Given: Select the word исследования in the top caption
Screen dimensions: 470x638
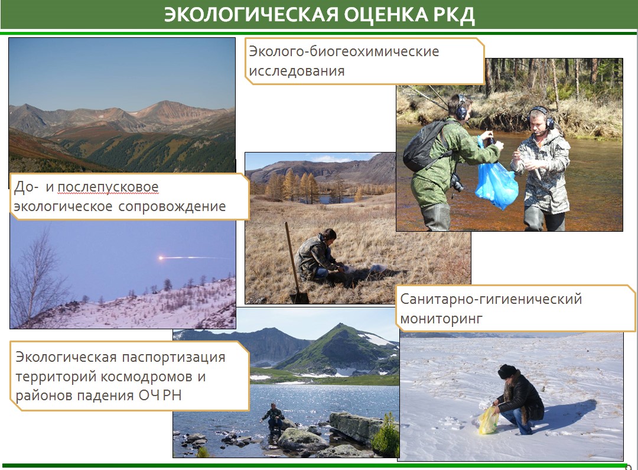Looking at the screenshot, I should [x=297, y=72].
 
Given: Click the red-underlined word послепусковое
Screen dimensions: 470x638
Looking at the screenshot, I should [x=108, y=188].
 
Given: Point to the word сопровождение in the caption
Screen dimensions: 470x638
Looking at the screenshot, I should [x=172, y=206].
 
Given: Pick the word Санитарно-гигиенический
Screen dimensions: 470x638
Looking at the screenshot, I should [x=491, y=299].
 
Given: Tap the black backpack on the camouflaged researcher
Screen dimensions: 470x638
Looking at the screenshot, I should [x=422, y=145].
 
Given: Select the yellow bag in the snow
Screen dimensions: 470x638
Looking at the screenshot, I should [x=489, y=420].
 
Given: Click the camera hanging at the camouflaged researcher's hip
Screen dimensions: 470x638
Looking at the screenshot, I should [x=457, y=183].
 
